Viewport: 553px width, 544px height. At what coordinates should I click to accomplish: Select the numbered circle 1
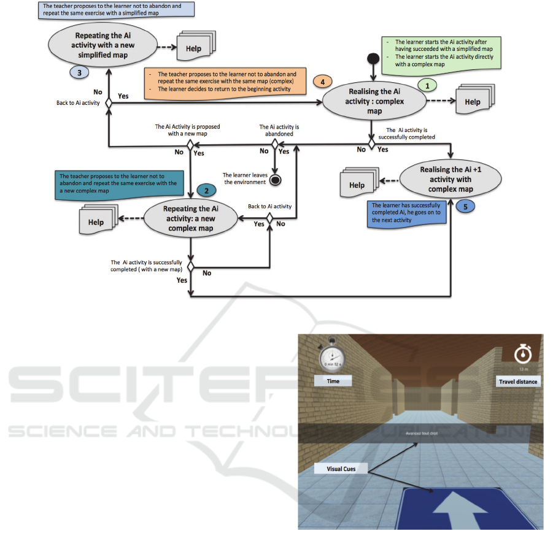[427, 86]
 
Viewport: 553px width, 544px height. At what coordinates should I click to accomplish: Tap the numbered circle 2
[206, 191]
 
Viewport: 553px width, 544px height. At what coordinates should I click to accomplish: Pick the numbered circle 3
[80, 71]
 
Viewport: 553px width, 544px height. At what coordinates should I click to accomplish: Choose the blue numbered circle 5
[465, 207]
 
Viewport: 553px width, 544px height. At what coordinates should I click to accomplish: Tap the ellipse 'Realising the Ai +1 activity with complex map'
[450, 180]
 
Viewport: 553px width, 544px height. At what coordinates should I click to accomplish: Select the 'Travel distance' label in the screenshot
[517, 381]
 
